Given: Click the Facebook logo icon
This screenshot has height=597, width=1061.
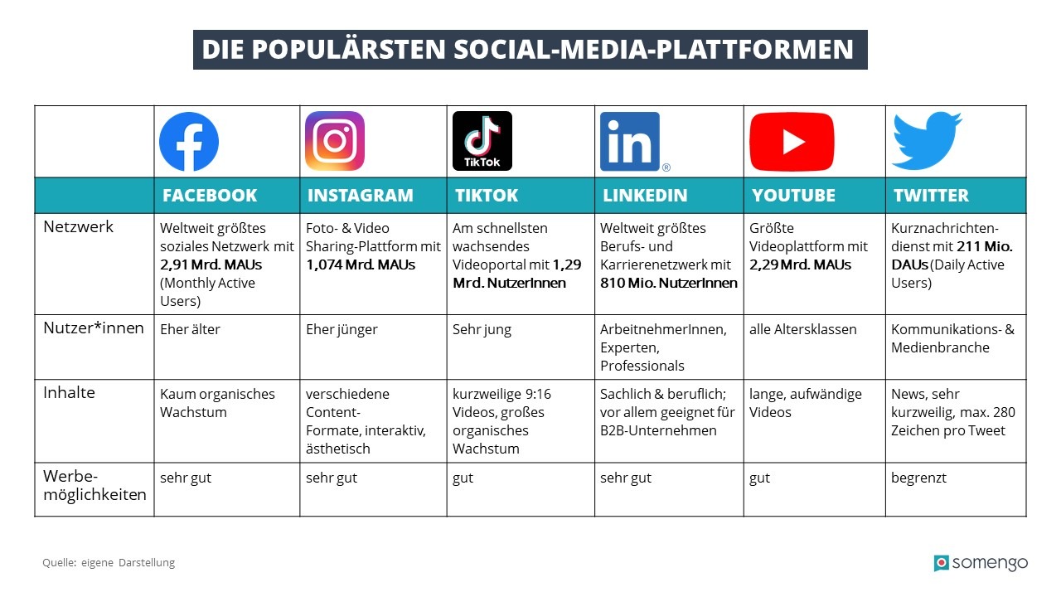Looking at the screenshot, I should click(x=189, y=142).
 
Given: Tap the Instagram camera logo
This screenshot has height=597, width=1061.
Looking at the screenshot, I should click(x=335, y=141).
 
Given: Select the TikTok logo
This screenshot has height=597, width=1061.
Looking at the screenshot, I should click(x=482, y=141).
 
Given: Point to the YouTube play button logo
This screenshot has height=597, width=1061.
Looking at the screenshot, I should click(x=792, y=142).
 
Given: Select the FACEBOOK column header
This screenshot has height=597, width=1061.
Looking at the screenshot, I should click(x=210, y=196).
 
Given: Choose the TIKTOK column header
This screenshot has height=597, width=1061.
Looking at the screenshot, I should click(x=487, y=196).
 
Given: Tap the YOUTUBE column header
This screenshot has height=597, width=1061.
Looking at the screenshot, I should click(x=793, y=196).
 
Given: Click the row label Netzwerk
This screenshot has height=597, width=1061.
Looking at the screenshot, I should click(x=79, y=226).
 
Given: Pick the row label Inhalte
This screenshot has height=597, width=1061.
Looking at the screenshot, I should click(x=69, y=392).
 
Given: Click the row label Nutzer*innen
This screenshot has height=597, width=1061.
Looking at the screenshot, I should click(x=90, y=328).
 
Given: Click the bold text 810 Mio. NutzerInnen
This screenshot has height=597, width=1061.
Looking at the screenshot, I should click(x=668, y=283).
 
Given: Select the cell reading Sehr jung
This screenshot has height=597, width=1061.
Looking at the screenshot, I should click(x=482, y=329).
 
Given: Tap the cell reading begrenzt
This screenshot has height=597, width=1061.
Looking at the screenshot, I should click(x=918, y=478).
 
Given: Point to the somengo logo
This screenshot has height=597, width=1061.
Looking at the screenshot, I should click(x=981, y=563).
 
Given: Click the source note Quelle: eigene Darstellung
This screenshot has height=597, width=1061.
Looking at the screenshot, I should click(x=109, y=563).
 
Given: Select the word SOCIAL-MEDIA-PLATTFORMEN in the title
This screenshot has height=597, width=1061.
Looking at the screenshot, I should click(x=654, y=50).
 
